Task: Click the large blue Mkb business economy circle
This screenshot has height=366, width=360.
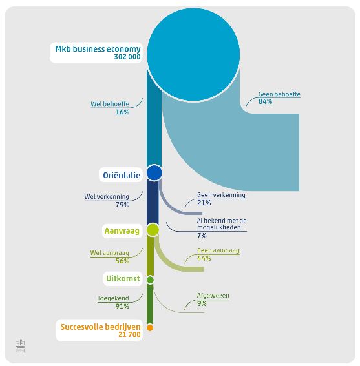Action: click(193, 55)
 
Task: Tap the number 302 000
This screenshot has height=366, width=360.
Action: click(127, 57)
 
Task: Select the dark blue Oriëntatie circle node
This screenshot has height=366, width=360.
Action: click(154, 173)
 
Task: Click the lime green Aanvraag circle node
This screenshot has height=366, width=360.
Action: click(153, 230)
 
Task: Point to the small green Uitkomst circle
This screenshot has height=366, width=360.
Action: click(150, 280)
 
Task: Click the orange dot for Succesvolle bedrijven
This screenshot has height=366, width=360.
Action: click(150, 328)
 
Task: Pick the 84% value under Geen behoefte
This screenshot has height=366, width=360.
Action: click(265, 101)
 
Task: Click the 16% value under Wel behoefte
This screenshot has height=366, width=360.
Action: click(122, 112)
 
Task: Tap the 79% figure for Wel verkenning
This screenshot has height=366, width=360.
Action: click(122, 205)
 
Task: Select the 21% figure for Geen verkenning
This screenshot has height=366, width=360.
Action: click(204, 203)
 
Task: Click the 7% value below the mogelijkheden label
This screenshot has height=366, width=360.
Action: click(202, 236)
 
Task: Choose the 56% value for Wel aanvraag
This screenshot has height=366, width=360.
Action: click(122, 261)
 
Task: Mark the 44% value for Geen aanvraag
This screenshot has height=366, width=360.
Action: click(204, 258)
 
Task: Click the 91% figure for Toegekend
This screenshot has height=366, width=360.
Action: click(122, 306)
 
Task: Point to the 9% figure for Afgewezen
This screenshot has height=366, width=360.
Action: click(202, 303)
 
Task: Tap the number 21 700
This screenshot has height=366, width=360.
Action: click(129, 334)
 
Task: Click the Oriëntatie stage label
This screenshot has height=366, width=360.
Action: click(122, 175)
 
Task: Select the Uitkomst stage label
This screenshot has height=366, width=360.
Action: click(123, 278)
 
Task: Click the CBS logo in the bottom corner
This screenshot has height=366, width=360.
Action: click(20, 346)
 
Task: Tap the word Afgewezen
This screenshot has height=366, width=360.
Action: click(213, 296)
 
